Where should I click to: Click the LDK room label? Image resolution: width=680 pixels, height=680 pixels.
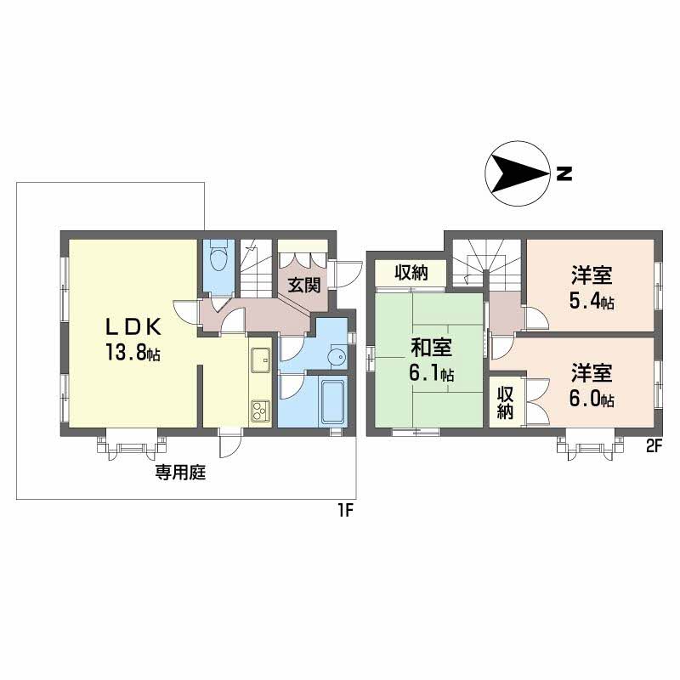coord(133,326)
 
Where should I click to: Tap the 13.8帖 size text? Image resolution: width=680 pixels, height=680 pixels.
coord(132,354)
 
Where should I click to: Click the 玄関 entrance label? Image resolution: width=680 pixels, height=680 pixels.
coord(305,285)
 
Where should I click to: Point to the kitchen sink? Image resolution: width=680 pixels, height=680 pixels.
coord(260,360)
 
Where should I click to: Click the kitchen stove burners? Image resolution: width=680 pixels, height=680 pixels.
coord(260,411)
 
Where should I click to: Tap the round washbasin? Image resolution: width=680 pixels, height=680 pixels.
coord(337,357)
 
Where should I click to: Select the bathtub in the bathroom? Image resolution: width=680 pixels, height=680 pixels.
coord(333,401)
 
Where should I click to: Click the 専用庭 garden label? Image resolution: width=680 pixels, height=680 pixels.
coord(180,473)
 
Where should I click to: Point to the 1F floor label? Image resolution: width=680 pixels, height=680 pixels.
coord(347,512)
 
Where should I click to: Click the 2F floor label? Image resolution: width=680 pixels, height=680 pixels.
coord(654,447)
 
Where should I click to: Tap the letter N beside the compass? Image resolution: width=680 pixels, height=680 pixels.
coord(564,174)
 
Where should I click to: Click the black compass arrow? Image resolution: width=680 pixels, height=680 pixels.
coord(518,174)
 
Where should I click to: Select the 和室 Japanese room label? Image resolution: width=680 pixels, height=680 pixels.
coord(431,348)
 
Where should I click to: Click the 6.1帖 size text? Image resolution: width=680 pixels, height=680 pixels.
coord(432,373)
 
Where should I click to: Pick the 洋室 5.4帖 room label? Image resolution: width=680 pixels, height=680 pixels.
coord(592,288)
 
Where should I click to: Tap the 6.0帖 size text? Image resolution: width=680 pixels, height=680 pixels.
coord(592,399)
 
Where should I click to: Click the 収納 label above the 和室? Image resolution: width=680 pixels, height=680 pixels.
coord(411,272)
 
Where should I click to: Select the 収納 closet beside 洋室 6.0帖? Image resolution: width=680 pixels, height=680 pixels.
coord(506,403)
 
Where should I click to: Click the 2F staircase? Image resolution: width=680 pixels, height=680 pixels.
coord(486,265)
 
